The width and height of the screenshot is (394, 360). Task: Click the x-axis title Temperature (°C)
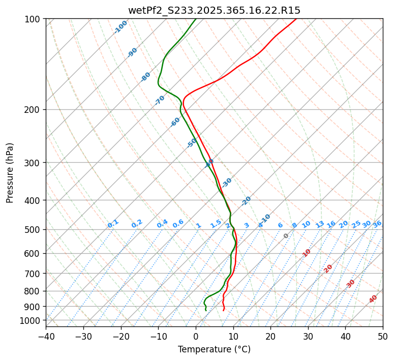(x=214, y=349)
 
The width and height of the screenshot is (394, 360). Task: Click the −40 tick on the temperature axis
(x=46, y=336)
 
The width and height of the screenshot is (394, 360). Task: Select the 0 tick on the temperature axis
(x=196, y=336)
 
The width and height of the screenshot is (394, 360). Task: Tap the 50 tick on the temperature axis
(x=383, y=336)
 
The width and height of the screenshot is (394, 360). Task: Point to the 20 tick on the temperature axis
(x=270, y=336)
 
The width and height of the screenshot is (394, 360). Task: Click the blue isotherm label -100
(x=121, y=27)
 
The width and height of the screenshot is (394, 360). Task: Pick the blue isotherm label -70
(x=160, y=100)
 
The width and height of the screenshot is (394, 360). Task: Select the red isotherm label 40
(x=373, y=299)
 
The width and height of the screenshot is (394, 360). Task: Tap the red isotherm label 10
(x=307, y=253)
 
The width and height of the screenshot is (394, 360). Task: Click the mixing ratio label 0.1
(x=113, y=224)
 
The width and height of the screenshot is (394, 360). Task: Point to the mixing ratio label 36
(x=377, y=224)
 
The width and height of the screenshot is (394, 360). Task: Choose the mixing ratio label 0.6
(x=178, y=224)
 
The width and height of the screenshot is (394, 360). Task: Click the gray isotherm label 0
(x=286, y=236)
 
